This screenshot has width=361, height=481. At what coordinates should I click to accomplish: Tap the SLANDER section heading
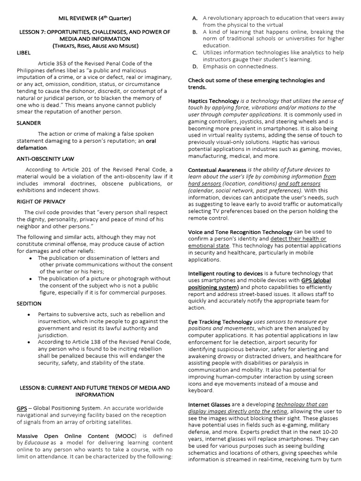pyautogui.click(x=29, y=123)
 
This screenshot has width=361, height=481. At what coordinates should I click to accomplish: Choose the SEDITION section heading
pyautogui.click(x=29, y=303)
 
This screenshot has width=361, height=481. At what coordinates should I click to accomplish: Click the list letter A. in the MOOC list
pyautogui.click(x=194, y=18)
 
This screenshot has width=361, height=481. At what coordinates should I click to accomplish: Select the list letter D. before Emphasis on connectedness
pyautogui.click(x=194, y=66)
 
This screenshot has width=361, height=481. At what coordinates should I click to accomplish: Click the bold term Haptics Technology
pyautogui.click(x=213, y=101)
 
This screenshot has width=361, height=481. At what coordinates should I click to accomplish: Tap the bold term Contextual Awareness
pyautogui.click(x=217, y=170)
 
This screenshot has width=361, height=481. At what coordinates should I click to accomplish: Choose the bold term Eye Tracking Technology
pyautogui.click(x=220, y=322)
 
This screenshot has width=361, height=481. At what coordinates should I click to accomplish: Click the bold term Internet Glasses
pyautogui.click(x=209, y=404)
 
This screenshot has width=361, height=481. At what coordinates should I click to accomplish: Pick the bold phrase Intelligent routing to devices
pyautogui.click(x=225, y=273)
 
